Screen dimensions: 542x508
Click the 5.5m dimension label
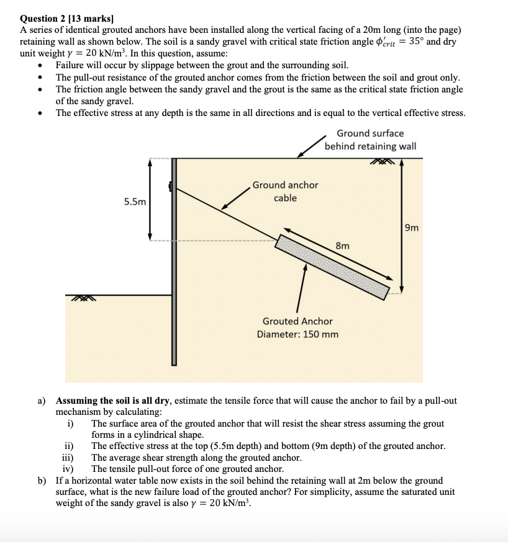135,202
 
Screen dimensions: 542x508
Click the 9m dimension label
411,228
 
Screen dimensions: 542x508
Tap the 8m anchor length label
342,246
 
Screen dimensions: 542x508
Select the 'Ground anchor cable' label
285,191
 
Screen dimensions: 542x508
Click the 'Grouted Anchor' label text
297,321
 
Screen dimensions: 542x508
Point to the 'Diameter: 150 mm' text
297,334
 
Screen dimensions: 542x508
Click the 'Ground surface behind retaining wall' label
370,140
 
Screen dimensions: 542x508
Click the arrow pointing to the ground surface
311,146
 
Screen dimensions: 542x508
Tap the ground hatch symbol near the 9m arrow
384,162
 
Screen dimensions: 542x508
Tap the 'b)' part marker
42,481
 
